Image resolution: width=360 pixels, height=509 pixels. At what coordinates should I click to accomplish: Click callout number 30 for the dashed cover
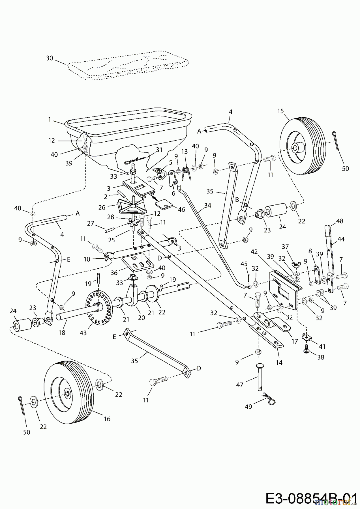tap(50, 58)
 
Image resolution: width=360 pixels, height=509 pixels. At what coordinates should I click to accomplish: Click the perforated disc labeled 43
tap(99, 307)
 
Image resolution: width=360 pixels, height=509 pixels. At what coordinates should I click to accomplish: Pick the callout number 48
tap(340, 221)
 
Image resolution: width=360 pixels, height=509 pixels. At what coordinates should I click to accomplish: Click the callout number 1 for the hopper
tap(50, 120)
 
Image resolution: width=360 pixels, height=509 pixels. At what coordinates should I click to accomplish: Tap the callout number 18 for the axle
tap(62, 333)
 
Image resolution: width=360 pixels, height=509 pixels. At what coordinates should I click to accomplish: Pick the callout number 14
tap(279, 363)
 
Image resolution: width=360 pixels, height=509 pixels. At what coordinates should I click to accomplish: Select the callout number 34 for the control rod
tap(208, 206)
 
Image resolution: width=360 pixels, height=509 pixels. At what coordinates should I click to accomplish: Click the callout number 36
tap(114, 273)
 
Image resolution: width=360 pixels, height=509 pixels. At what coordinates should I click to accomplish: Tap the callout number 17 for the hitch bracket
tap(295, 341)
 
